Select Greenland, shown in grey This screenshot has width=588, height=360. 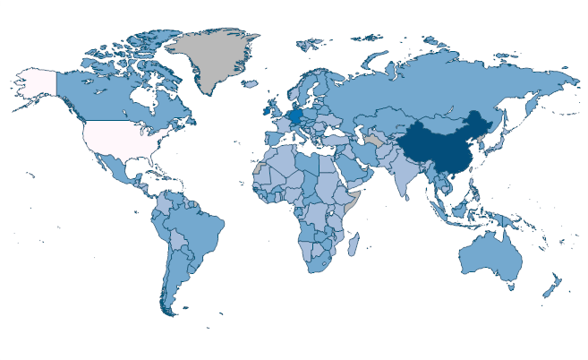coord(215,58)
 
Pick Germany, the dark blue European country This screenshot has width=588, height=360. coord(296,117)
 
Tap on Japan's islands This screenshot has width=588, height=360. coord(507,143)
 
